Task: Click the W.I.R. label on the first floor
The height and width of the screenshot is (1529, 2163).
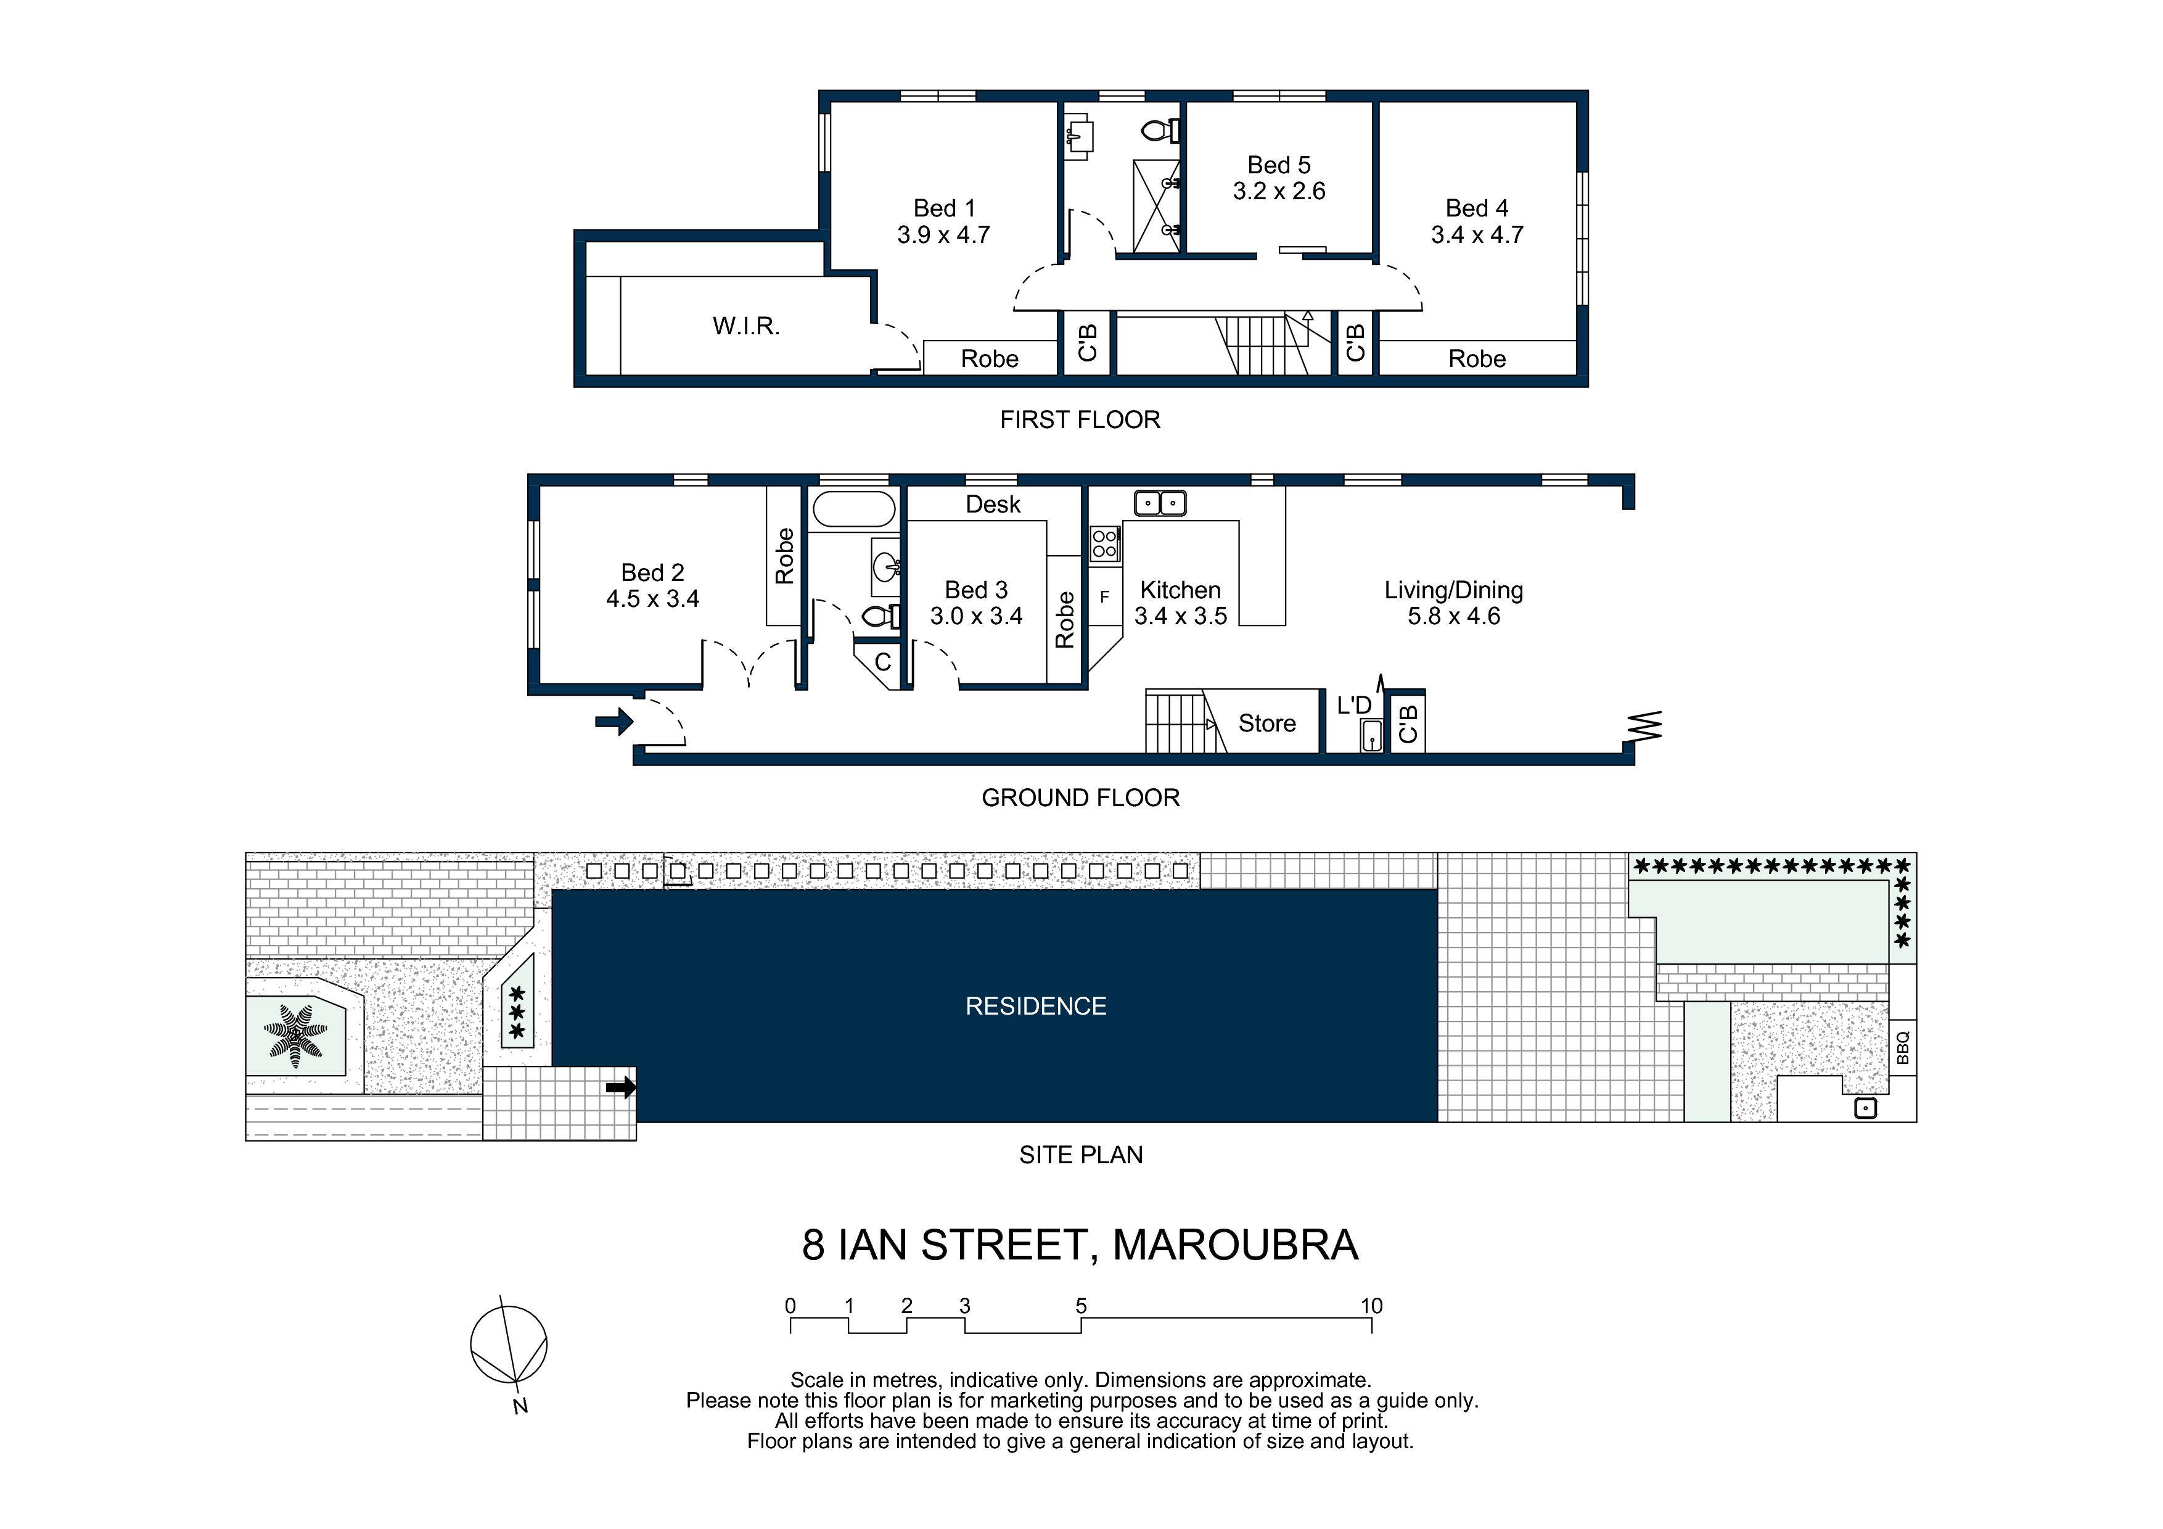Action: pos(746,326)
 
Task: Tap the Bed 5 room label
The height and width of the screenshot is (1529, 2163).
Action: pos(1278,165)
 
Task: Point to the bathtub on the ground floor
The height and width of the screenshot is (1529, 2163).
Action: pos(853,509)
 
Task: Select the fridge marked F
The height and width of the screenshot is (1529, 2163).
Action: pos(1105,596)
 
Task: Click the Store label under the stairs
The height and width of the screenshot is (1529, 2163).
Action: pos(1267,723)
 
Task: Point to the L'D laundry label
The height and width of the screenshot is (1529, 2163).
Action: pos(1354,705)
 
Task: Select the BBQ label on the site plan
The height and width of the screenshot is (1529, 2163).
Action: pos(1902,1047)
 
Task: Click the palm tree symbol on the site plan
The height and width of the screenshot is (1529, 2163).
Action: pos(296,1036)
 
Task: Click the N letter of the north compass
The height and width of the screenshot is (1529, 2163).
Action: pos(520,1406)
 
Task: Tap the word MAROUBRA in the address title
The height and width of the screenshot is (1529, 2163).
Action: pos(1235,1245)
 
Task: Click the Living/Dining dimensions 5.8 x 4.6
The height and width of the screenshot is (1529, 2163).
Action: pos(1454,616)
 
